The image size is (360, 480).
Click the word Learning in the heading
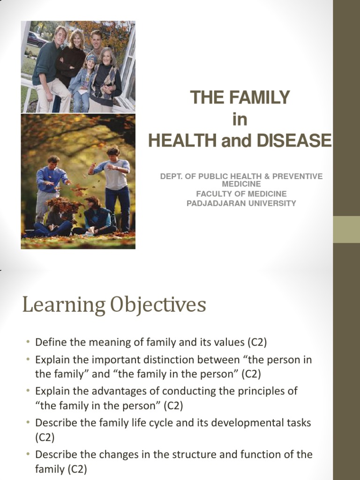click(63, 305)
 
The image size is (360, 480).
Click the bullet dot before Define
click(28, 343)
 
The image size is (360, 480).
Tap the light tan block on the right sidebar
click(346, 229)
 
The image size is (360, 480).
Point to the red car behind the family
click(37, 39)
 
